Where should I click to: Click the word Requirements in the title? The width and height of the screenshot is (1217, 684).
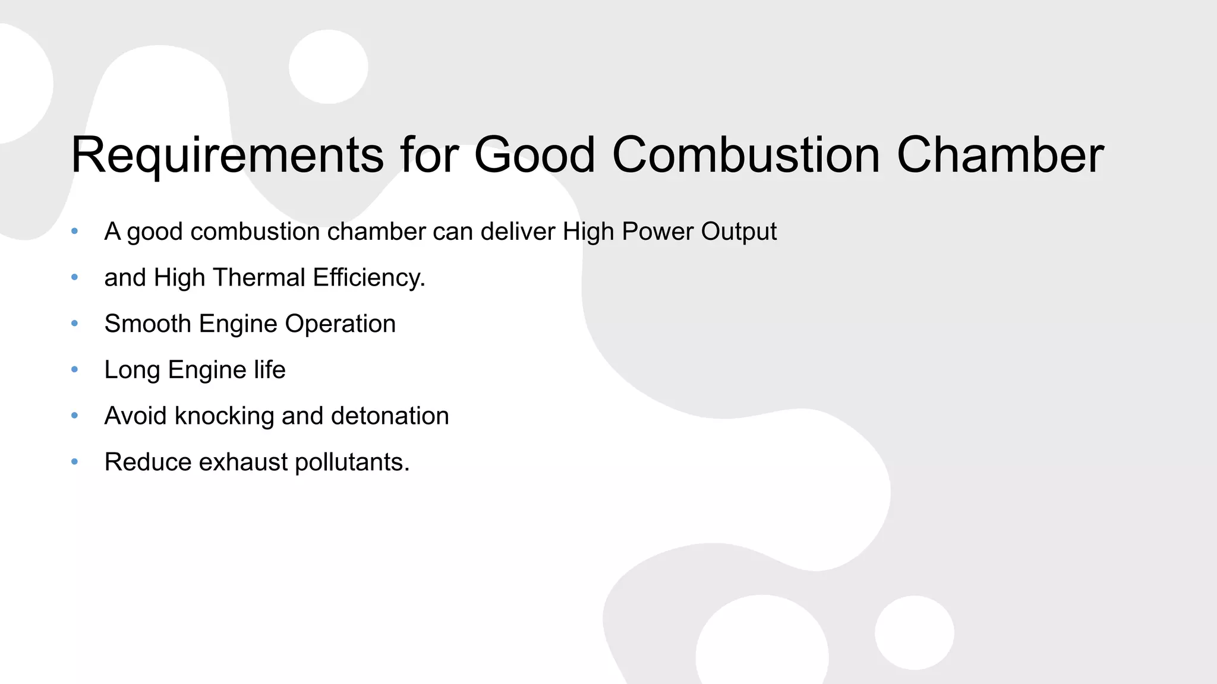pos(227,156)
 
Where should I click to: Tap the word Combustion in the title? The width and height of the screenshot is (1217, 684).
pos(745,156)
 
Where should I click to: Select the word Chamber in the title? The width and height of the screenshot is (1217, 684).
pos(1000,156)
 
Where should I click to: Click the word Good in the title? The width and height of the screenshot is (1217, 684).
pos(534,156)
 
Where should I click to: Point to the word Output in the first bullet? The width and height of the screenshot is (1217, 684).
pos(739,232)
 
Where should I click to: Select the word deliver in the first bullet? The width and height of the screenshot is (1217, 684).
pos(518,232)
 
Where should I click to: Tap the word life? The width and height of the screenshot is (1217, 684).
pos(270,370)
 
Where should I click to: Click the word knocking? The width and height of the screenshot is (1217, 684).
pos(224,416)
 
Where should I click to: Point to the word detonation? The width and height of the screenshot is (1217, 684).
pos(390,416)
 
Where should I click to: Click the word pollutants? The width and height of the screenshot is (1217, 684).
pos(352,463)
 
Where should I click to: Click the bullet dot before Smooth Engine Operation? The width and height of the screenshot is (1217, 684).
pos(74,324)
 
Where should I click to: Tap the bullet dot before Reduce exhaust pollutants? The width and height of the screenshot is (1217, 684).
pos(74,462)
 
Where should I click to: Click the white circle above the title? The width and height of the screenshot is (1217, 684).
pos(329,66)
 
